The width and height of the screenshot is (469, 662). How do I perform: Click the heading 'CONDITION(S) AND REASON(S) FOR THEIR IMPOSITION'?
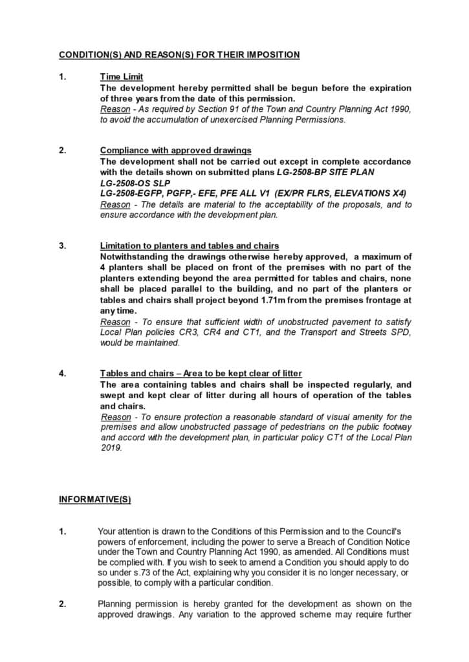[x=179, y=55]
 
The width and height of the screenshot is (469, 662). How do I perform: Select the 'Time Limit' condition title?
[x=122, y=77]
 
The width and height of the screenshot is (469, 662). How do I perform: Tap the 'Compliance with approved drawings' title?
[x=175, y=151]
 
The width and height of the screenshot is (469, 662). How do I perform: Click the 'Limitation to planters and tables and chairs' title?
[x=190, y=246]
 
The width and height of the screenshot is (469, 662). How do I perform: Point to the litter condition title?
[x=201, y=374]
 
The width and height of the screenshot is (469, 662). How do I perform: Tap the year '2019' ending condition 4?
[x=111, y=447]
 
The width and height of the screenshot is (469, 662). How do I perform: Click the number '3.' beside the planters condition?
[x=62, y=246]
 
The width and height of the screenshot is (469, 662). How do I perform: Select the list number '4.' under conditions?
[x=62, y=374]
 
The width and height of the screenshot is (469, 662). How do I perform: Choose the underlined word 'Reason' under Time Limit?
[x=115, y=109]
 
